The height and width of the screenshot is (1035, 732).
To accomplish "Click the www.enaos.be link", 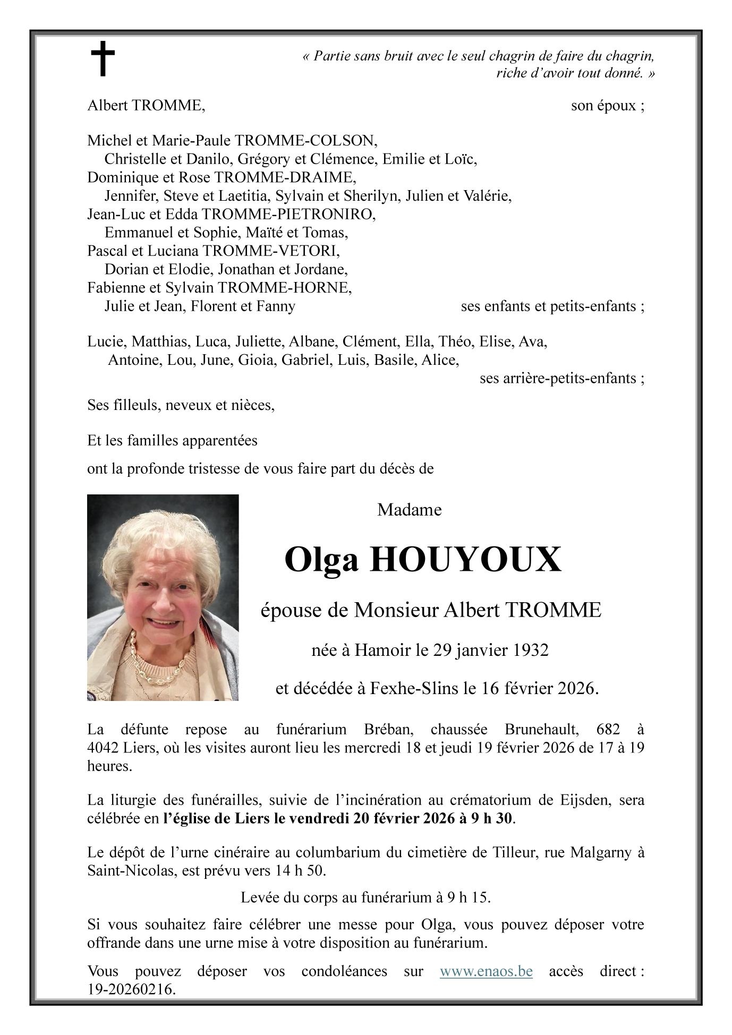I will click(x=486, y=971).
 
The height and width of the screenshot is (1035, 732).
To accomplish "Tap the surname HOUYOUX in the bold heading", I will click(x=465, y=560).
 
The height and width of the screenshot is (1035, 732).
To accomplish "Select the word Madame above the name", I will click(x=409, y=510).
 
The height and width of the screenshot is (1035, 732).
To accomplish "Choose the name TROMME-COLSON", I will click(x=306, y=141).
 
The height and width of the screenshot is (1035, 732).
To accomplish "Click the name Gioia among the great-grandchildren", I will click(x=257, y=360).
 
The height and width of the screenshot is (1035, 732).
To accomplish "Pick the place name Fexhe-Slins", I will click(x=414, y=688).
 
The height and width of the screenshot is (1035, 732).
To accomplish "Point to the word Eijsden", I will click(x=583, y=800).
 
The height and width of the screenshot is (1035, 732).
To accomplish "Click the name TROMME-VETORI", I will click(x=271, y=251).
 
